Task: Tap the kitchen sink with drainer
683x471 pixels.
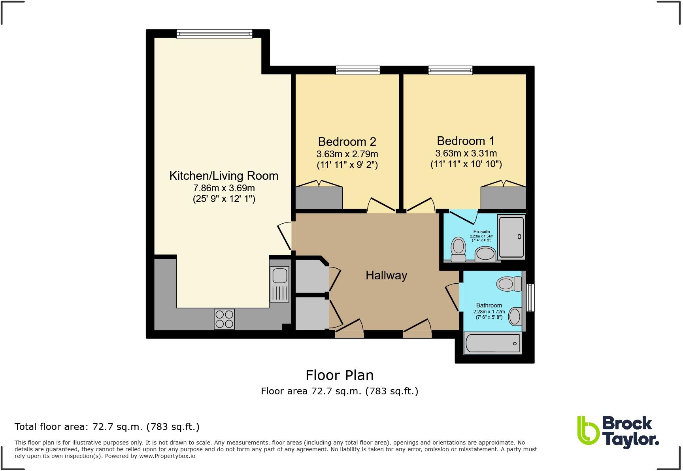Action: [279, 284]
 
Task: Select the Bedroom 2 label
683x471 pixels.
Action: [347, 141]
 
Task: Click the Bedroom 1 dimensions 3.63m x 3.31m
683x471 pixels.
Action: [466, 153]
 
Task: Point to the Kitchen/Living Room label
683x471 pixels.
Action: [224, 176]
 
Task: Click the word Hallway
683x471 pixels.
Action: [386, 275]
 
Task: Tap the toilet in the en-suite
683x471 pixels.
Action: [458, 249]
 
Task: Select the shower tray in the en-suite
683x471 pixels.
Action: [511, 237]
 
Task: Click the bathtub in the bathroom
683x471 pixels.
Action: [493, 343]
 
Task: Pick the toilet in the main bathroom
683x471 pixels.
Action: [509, 284]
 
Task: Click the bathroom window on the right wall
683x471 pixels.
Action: [531, 298]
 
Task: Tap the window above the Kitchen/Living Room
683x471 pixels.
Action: [214, 34]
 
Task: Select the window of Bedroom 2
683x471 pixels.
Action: [358, 70]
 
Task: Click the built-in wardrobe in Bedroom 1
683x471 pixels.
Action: [503, 198]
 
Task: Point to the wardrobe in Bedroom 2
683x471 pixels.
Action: [319, 198]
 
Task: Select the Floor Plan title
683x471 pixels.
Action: [340, 375]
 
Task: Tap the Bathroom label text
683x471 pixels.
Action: [489, 305]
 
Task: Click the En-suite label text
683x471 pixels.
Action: [481, 232]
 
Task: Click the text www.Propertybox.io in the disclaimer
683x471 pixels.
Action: [167, 456]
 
